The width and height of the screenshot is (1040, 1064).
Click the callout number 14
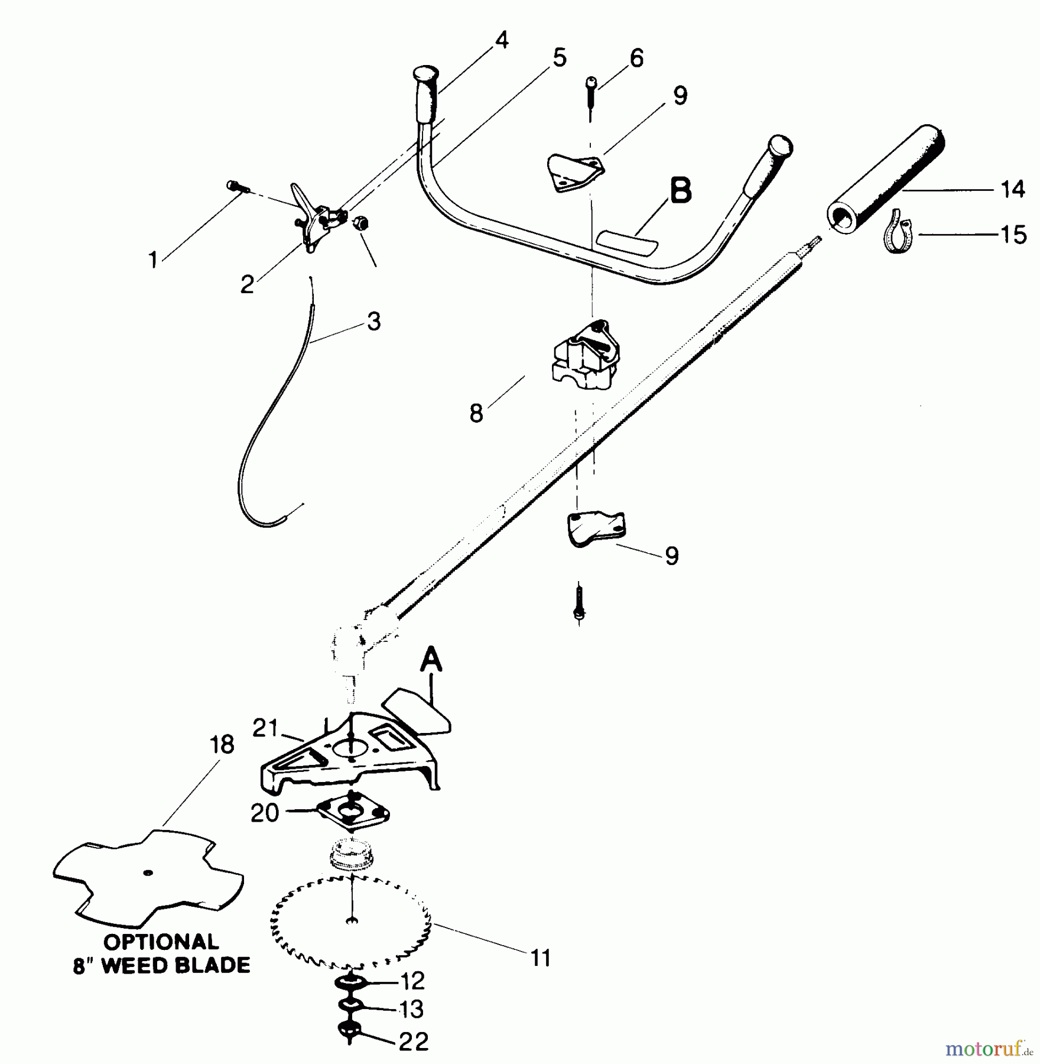tap(1013, 190)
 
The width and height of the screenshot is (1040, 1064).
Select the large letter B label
tap(681, 192)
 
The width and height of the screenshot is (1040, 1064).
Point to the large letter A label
tap(431, 660)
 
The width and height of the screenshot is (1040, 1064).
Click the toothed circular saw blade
tap(352, 926)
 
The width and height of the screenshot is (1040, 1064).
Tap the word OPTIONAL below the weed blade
tap(161, 942)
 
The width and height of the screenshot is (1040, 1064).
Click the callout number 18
tap(222, 745)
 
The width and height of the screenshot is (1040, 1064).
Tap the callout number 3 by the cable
tap(373, 322)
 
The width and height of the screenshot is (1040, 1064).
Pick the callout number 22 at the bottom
tap(413, 1042)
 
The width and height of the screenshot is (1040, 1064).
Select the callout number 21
tap(265, 729)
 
